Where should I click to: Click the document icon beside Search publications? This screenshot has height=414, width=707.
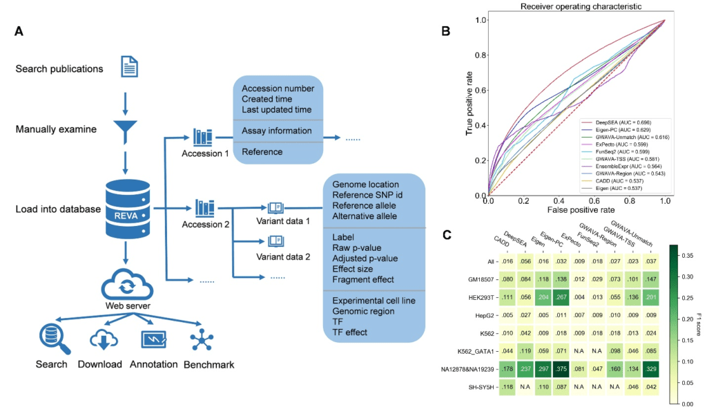tap(129, 68)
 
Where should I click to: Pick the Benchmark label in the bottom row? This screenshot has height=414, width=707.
tap(209, 364)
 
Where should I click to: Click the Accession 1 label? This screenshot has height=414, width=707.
tap(205, 153)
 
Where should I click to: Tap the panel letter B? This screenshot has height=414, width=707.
tap(446, 31)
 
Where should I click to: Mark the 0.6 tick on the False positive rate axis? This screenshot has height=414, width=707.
tap(594, 200)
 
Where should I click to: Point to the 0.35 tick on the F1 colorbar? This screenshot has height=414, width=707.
tap(686, 255)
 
